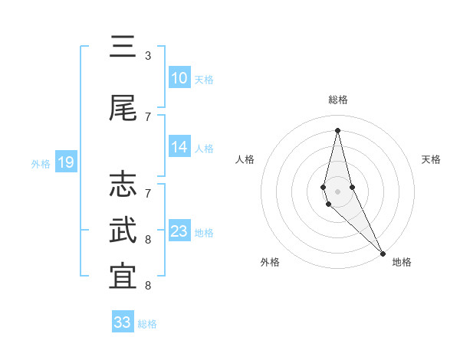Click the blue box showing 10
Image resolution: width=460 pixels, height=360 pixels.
pos(179,78)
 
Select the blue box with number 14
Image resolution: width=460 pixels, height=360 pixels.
pos(179,147)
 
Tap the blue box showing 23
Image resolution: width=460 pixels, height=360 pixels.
pos(179,231)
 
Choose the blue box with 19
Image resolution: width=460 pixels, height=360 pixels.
pos(66,162)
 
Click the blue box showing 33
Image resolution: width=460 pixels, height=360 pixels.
pos(123,322)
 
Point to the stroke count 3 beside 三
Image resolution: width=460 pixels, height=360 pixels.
pos(148,55)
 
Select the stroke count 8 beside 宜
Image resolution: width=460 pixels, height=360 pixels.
pos(148,286)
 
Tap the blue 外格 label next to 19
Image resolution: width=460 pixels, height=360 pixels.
pos(41,163)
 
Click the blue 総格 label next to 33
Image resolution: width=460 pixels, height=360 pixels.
pos(147,323)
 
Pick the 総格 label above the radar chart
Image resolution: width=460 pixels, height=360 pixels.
pos(338,100)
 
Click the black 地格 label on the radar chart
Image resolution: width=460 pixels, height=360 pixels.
pos(402,262)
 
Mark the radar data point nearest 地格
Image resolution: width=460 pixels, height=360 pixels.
pos(383,253)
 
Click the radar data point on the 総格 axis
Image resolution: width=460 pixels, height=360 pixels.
pos(338,129)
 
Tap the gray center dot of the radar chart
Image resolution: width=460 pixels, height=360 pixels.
pos(338,191)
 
